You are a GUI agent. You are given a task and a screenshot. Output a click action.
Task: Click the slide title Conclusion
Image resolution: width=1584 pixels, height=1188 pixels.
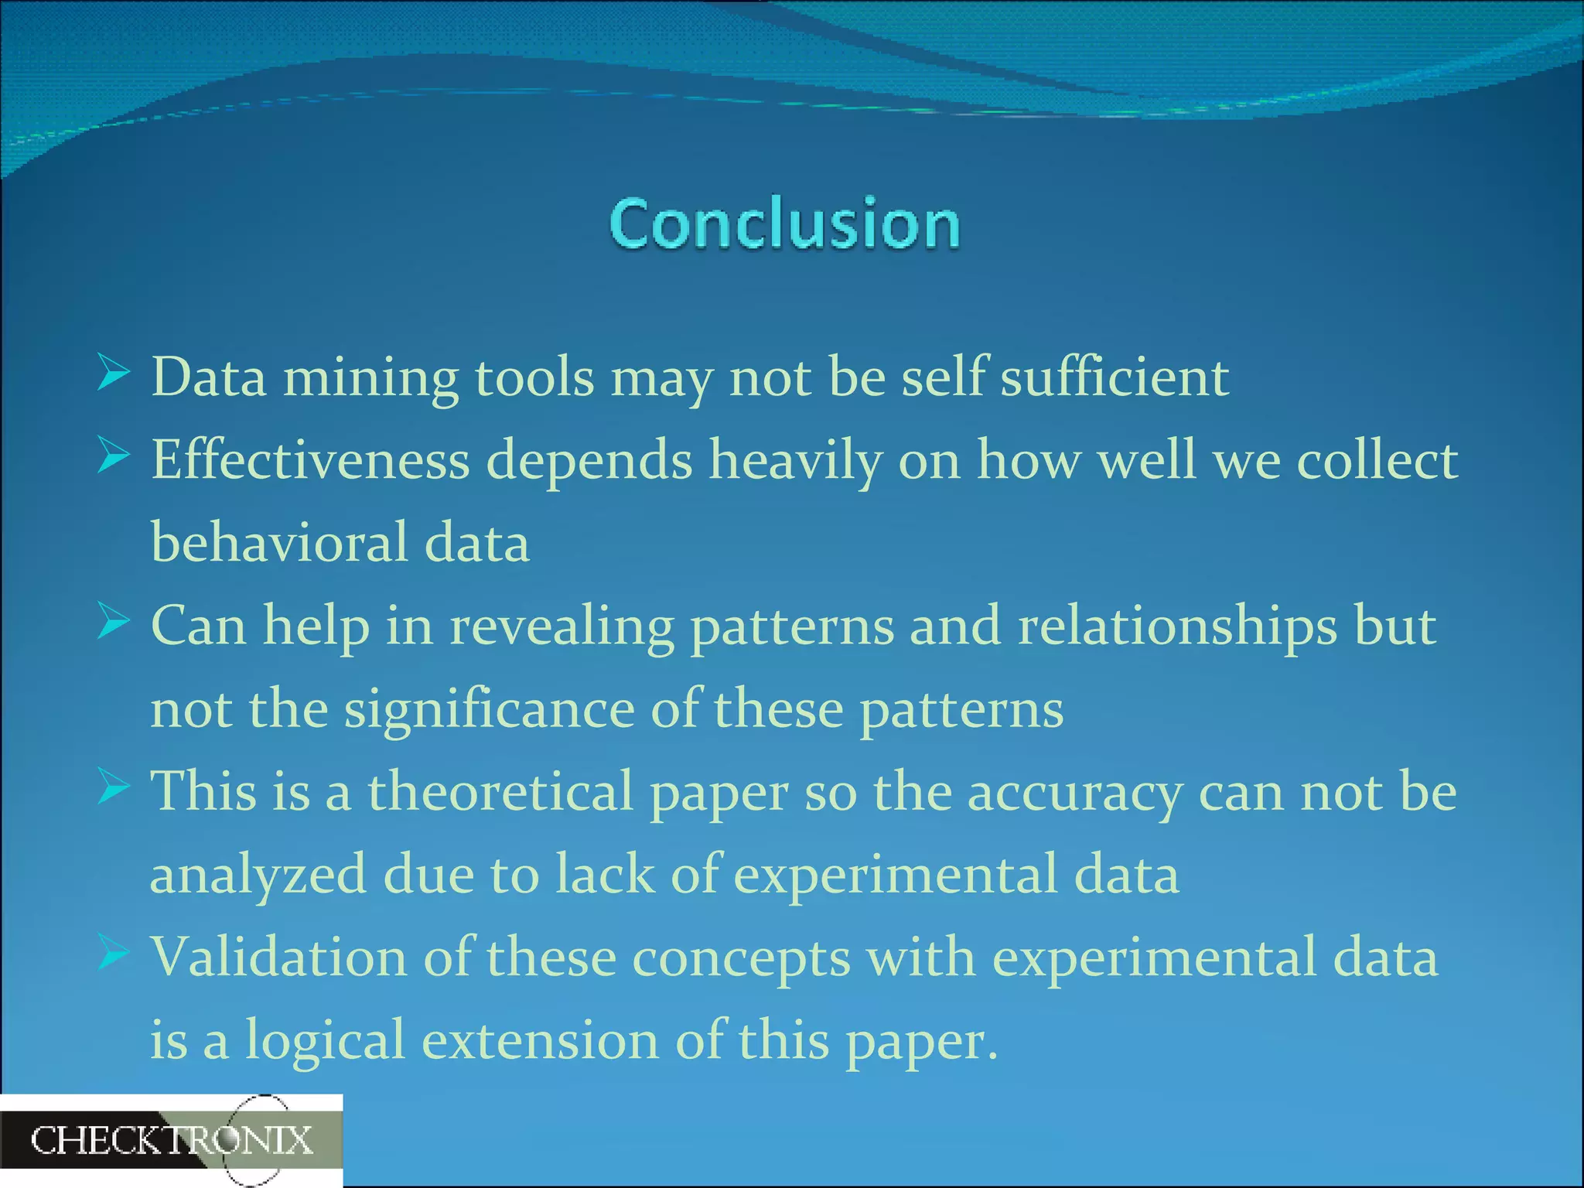click(784, 224)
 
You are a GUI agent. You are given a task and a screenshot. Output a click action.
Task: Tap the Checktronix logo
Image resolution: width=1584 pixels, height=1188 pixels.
click(172, 1141)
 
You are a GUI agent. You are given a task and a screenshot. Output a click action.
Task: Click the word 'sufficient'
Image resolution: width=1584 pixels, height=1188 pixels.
click(1115, 377)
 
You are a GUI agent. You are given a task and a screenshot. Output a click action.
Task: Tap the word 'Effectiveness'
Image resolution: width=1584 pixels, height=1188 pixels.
click(310, 460)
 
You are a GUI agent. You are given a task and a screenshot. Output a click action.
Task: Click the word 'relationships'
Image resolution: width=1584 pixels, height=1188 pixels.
click(1177, 626)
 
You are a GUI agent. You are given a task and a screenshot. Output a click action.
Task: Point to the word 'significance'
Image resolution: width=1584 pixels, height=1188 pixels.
click(489, 710)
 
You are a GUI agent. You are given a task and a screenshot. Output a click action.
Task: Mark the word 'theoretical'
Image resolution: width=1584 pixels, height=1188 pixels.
click(500, 792)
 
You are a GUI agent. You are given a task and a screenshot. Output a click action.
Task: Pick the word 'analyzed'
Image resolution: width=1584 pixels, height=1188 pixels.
click(258, 876)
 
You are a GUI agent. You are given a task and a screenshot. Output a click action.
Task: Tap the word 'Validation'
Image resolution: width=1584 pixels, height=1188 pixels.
click(279, 958)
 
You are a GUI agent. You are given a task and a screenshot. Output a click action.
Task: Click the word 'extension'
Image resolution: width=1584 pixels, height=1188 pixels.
click(540, 1040)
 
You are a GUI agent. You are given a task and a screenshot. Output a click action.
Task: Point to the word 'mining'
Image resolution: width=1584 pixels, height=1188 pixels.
click(370, 379)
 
